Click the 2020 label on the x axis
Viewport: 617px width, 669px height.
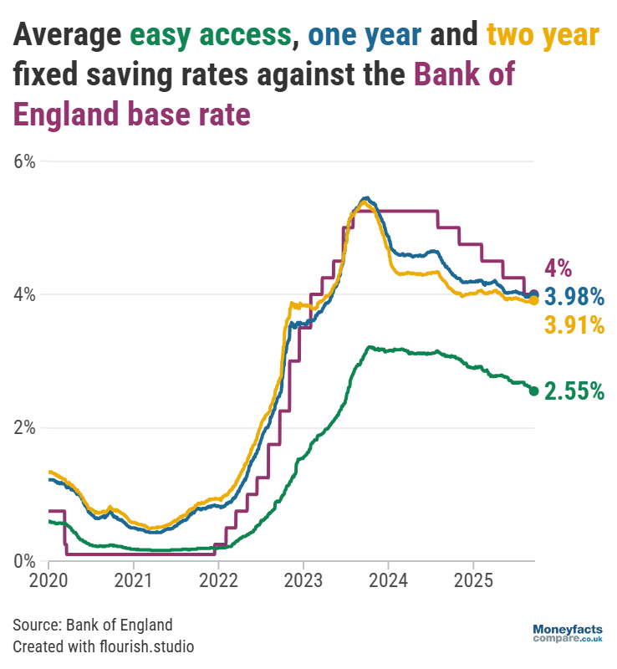coord(48,579)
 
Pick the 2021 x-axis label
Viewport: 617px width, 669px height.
coord(134,579)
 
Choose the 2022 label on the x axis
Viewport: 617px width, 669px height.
coord(218,579)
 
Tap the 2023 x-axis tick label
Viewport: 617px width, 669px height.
coord(303,579)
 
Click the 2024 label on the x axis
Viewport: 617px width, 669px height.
coord(388,579)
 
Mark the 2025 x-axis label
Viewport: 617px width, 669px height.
coord(472,579)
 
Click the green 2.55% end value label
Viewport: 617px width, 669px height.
coord(574,391)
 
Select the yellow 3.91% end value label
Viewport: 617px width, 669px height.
coord(574,324)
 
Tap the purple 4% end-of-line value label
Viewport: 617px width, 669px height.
coord(558,268)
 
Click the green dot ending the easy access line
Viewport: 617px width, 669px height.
coord(533,391)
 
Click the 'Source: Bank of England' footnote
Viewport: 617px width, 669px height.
coord(92,625)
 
